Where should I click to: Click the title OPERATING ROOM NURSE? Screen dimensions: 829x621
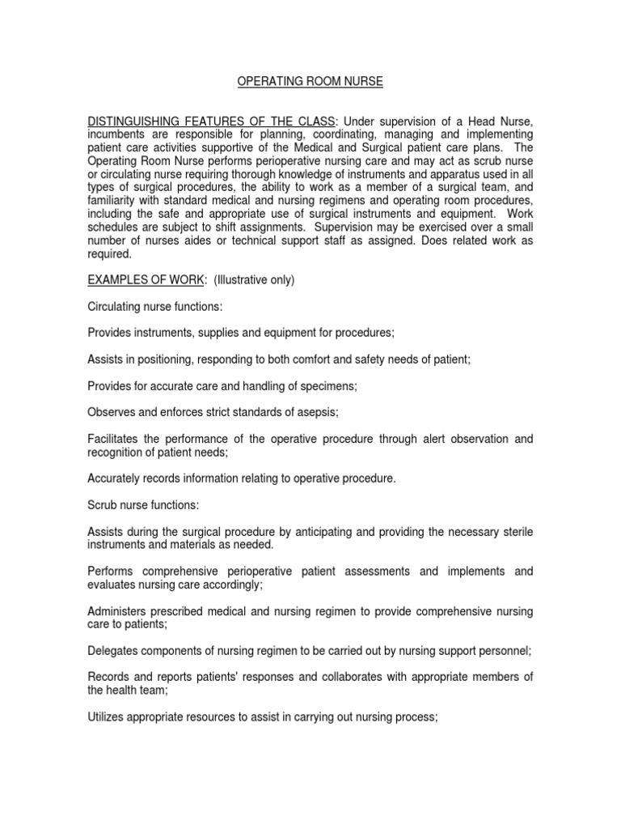pos(310,82)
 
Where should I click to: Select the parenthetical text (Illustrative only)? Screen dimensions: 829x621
pos(255,280)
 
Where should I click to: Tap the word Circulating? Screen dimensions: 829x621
pos(115,307)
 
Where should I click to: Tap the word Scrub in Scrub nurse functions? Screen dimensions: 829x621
pos(103,505)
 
